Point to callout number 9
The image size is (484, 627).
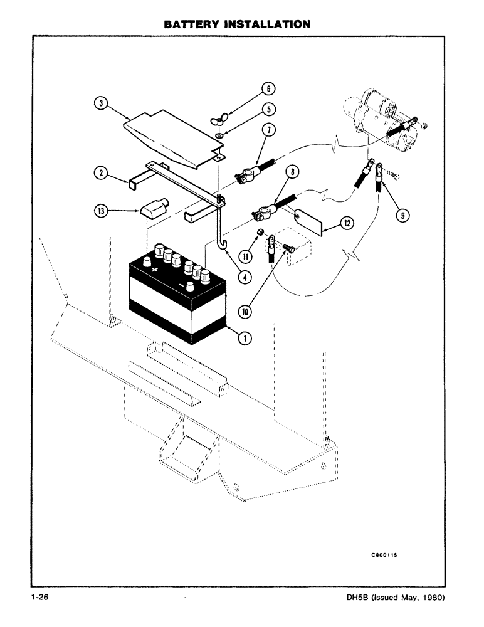404,215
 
